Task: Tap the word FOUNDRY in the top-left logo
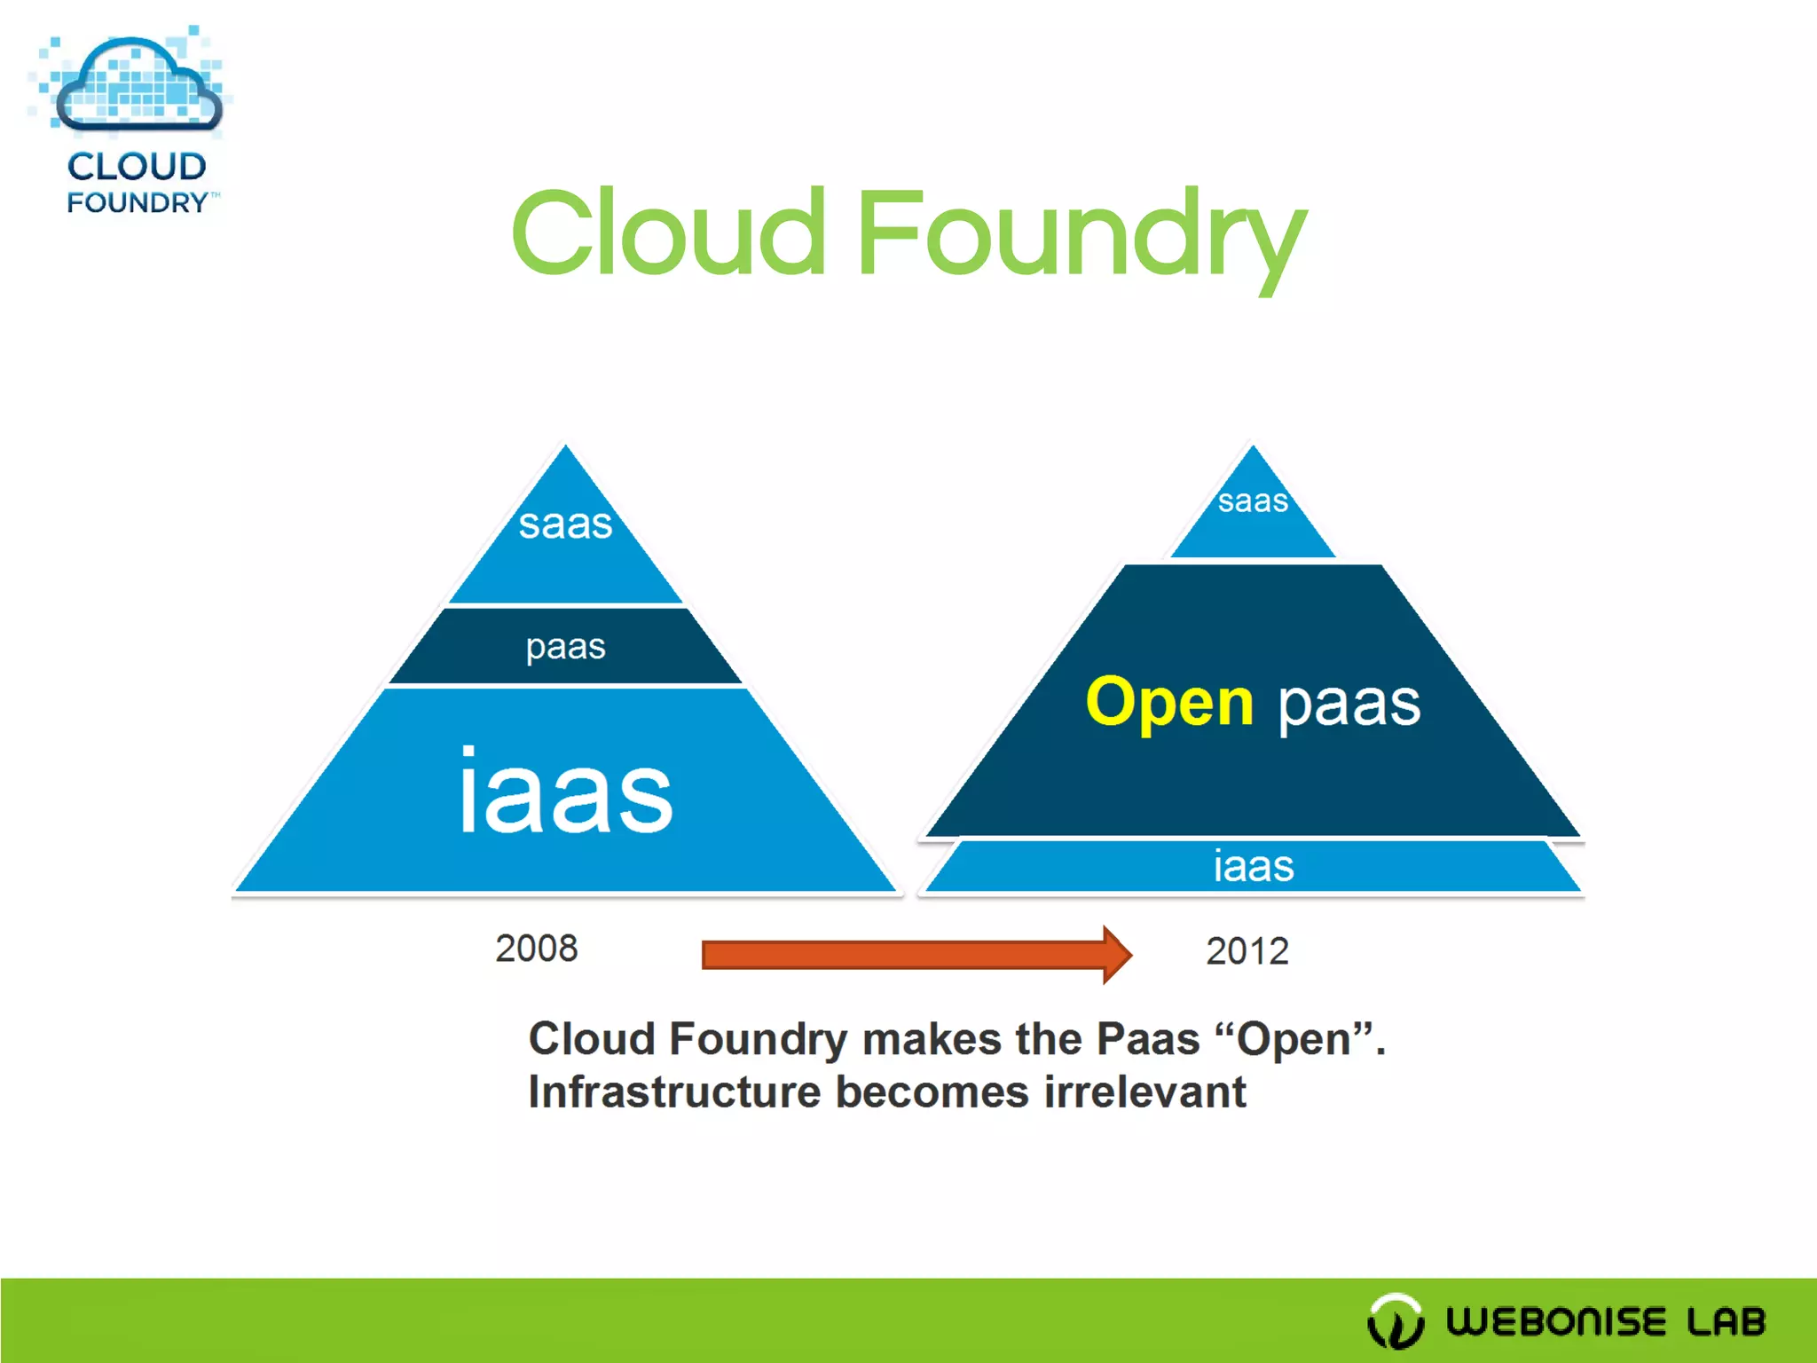click(x=138, y=202)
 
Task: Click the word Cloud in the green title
click(x=669, y=234)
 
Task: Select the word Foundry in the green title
click(x=1081, y=236)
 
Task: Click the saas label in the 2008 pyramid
click(x=565, y=524)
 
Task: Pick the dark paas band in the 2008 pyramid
click(x=565, y=647)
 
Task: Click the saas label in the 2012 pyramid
click(x=1252, y=500)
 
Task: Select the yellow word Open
click(x=1169, y=702)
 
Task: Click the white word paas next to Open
click(x=1349, y=704)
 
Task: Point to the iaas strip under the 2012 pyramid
click(x=1253, y=866)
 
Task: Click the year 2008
click(x=536, y=949)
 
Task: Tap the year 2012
click(x=1247, y=951)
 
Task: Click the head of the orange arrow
click(x=1115, y=955)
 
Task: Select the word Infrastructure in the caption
click(x=674, y=1092)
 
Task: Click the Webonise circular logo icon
click(x=1396, y=1321)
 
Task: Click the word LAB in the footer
click(x=1726, y=1321)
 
